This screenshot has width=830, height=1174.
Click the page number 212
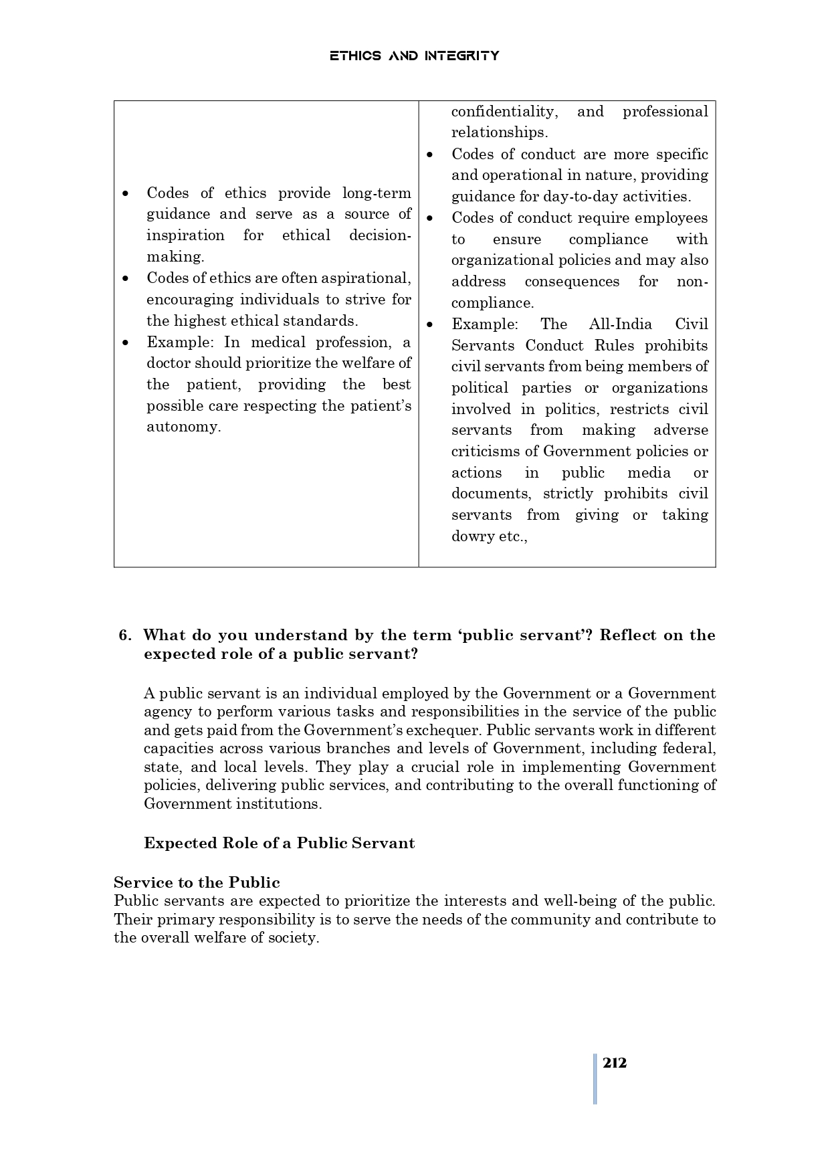pos(614,1063)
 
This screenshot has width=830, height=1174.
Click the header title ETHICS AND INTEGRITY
pos(414,56)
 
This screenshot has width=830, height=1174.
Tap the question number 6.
pos(125,635)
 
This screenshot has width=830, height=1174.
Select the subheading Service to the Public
pos(197,882)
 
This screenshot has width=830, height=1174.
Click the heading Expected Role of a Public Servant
pos(279,843)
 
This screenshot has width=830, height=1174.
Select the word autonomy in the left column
pos(183,427)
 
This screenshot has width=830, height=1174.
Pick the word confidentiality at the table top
pos(504,112)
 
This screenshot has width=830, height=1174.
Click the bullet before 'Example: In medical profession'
pos(125,343)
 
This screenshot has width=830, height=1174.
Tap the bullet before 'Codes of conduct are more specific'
pos(430,155)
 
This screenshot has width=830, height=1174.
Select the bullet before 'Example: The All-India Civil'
pos(430,324)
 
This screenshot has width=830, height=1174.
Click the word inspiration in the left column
pos(185,235)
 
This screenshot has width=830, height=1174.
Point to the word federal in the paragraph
pos(689,749)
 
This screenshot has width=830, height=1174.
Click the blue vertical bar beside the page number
pos(595,1078)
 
